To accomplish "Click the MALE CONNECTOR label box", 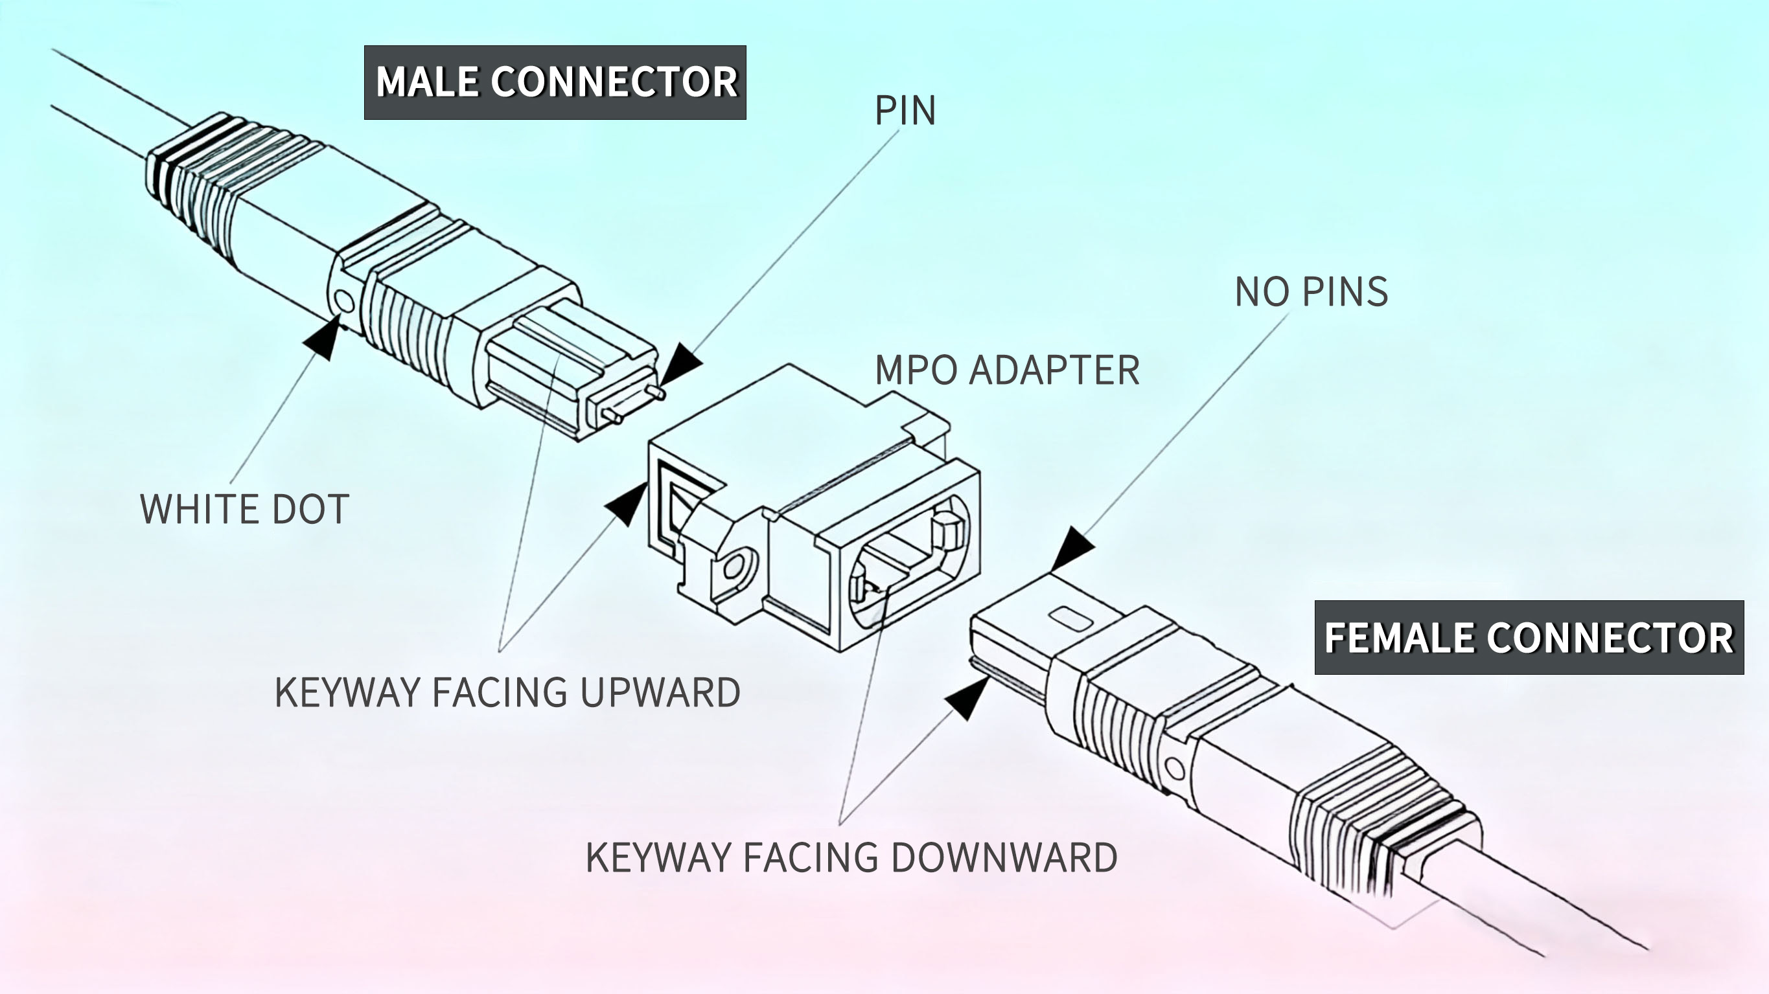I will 555,82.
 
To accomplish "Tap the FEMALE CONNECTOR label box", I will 1529,638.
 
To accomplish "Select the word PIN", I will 905,111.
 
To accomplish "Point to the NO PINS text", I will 1311,292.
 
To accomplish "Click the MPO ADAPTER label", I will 1007,370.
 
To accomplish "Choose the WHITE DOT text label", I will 244,510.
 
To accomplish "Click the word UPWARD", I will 660,692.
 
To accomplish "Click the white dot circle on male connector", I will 343,300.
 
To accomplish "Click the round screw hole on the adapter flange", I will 734,567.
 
